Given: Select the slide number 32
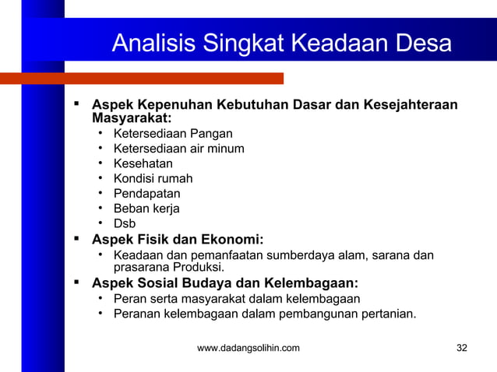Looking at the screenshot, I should click(x=462, y=348).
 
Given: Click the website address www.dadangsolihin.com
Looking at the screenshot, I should click(x=248, y=348).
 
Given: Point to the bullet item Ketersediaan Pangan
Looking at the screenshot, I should click(x=167, y=134).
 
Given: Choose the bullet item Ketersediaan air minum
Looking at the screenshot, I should click(x=178, y=149).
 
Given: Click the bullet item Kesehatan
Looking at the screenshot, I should click(x=143, y=163).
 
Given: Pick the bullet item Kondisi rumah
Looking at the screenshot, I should click(x=153, y=178).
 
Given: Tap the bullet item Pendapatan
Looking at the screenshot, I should click(x=147, y=193).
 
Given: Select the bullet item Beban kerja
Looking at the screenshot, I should click(x=146, y=209).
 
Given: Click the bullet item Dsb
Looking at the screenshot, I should click(x=125, y=223).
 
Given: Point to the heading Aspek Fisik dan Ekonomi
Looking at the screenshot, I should click(x=178, y=239).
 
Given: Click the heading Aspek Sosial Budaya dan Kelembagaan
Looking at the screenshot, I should click(x=225, y=283).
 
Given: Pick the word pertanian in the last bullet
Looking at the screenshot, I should click(x=388, y=314).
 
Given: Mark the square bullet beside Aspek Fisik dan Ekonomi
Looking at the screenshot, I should click(x=77, y=238).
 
